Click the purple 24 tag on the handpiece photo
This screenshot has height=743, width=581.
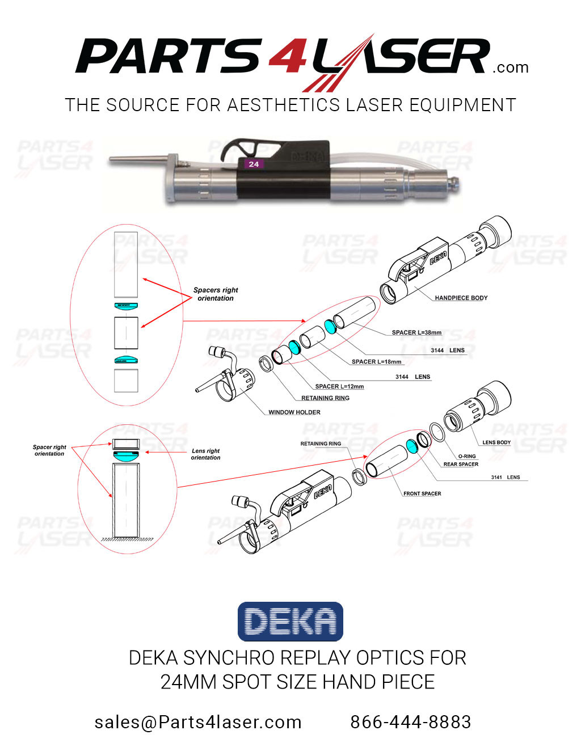pyautogui.click(x=254, y=164)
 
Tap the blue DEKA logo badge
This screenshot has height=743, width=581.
pyautogui.click(x=290, y=622)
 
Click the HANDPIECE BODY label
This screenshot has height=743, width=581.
pyautogui.click(x=461, y=298)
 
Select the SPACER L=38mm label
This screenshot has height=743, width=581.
pyautogui.click(x=416, y=333)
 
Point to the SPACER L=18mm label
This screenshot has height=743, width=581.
pyautogui.click(x=376, y=362)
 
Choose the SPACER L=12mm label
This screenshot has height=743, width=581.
pyautogui.click(x=339, y=387)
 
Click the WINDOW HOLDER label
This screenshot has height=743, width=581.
pyautogui.click(x=294, y=412)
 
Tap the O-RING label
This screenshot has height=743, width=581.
pyautogui.click(x=467, y=456)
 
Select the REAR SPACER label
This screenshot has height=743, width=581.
pyautogui.click(x=461, y=465)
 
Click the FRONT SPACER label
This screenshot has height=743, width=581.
pyautogui.click(x=422, y=493)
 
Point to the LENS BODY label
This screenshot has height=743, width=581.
pyautogui.click(x=496, y=442)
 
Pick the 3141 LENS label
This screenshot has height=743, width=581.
pyautogui.click(x=505, y=478)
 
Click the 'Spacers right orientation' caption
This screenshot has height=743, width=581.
pyautogui.click(x=216, y=294)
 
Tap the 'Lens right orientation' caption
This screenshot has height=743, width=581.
pyautogui.click(x=205, y=454)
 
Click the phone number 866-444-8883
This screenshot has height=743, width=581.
pyautogui.click(x=410, y=722)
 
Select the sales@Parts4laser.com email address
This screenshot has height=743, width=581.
pyautogui.click(x=198, y=722)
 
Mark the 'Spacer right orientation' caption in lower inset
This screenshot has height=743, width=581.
pyautogui.click(x=49, y=450)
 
